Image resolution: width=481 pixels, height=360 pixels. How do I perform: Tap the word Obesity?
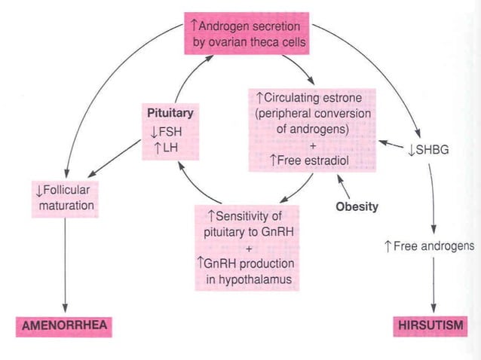pyautogui.click(x=356, y=206)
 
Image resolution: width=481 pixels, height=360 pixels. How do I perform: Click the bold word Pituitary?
pyautogui.click(x=170, y=113)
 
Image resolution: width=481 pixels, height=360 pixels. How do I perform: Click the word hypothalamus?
pyautogui.click(x=248, y=281)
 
